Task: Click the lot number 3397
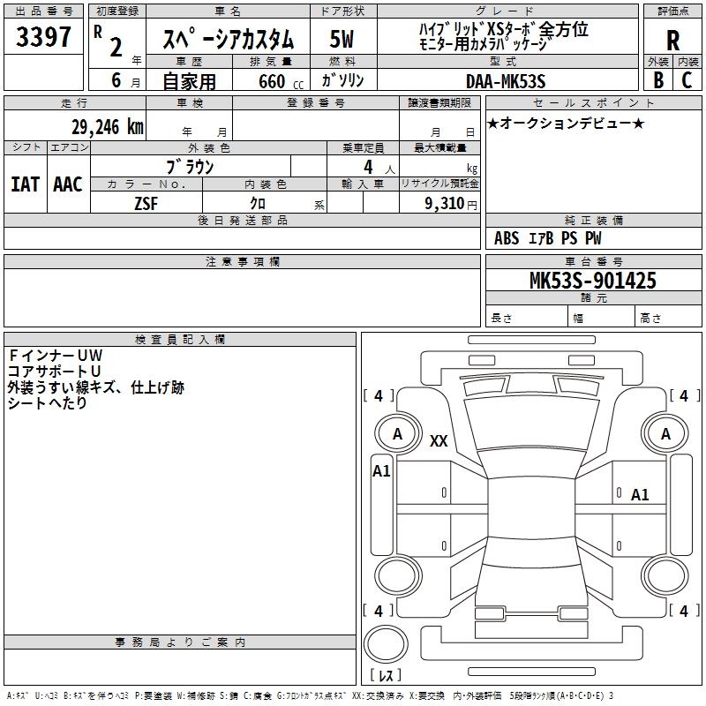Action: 43,37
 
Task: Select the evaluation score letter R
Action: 672,40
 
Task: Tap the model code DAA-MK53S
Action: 506,80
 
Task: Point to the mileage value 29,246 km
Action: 107,126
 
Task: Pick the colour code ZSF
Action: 146,202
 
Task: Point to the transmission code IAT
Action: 25,184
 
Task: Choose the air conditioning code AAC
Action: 67,184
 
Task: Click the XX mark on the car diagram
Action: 439,441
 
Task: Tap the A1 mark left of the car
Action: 381,471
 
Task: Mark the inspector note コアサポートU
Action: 54,371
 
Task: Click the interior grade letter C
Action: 686,79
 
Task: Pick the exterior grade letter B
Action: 657,79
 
